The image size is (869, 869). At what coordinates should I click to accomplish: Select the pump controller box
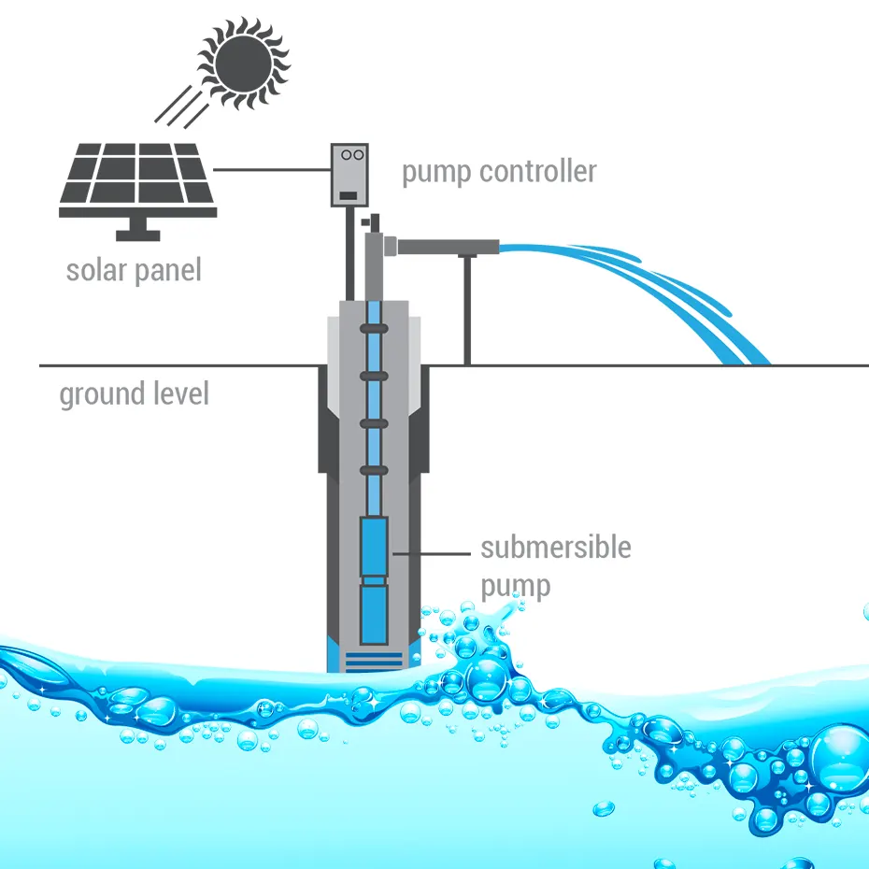[x=349, y=175]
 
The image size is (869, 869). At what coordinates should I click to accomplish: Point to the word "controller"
[x=541, y=172]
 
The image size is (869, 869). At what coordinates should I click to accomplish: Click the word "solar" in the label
[x=95, y=270]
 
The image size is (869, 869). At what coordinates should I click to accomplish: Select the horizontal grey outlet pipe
[x=449, y=247]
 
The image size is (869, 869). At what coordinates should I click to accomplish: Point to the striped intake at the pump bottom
[x=374, y=660]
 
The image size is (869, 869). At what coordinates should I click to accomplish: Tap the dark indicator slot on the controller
[x=349, y=194]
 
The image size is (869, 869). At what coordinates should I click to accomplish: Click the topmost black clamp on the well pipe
[x=374, y=329]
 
